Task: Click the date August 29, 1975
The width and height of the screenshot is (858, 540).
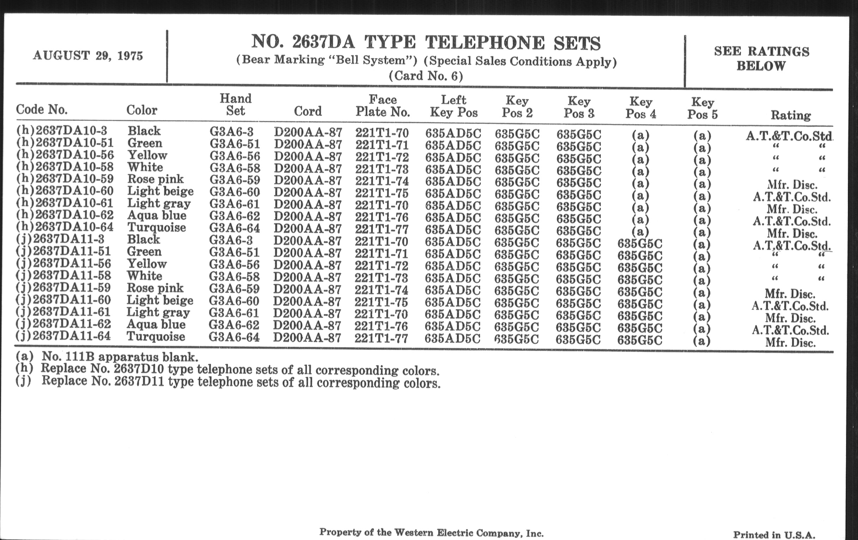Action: tap(87, 56)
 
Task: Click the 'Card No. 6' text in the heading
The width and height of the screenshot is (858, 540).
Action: tap(426, 76)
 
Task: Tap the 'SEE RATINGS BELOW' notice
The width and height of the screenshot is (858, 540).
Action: tap(761, 59)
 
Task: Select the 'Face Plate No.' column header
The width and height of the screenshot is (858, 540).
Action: tap(383, 106)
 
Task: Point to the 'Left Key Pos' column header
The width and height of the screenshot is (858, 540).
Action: tap(454, 106)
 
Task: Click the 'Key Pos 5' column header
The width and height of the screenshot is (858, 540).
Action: tap(702, 108)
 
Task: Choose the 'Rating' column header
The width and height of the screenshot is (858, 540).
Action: tap(791, 115)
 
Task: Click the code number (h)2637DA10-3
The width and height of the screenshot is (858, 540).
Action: tap(62, 131)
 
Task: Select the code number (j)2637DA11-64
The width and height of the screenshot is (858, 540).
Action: tap(64, 336)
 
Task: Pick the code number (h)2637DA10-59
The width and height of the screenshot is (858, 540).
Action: tap(65, 179)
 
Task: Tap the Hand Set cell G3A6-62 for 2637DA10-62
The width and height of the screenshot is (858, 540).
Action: tap(235, 216)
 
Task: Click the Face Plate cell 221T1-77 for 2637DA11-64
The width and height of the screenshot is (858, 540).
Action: tap(381, 338)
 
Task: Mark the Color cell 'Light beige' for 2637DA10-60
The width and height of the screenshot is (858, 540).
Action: tap(160, 191)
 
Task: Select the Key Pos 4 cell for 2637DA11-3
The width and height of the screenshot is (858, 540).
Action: tap(640, 244)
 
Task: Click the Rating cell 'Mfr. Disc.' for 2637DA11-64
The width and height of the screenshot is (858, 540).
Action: tap(790, 343)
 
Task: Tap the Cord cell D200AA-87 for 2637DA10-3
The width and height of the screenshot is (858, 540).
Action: tap(308, 133)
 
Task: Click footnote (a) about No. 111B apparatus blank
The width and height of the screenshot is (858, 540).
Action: tap(107, 356)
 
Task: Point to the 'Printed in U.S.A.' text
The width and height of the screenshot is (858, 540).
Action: tap(774, 535)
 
